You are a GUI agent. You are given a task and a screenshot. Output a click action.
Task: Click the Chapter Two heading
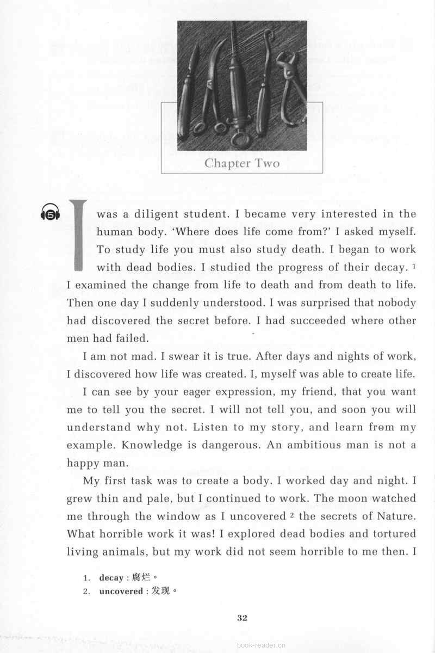click(241, 163)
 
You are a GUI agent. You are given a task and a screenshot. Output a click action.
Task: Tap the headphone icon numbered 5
click(51, 213)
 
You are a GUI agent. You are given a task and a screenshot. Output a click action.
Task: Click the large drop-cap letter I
click(78, 235)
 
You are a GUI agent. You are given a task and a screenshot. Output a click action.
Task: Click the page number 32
click(243, 618)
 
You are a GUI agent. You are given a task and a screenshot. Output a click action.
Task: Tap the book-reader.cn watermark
click(262, 645)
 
